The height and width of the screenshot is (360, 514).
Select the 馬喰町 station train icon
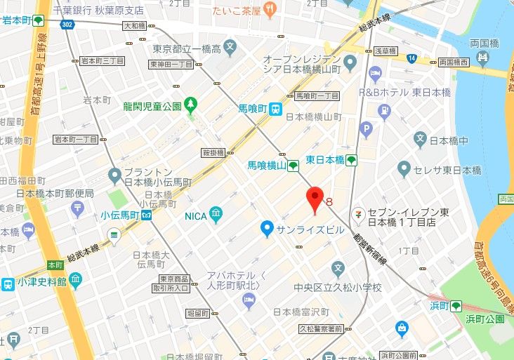point(277,109)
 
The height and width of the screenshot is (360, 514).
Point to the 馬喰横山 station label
point(267,166)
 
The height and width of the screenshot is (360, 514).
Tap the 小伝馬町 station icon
point(146,215)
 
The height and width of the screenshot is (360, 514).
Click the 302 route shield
point(67,23)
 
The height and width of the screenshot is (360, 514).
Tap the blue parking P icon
point(365,128)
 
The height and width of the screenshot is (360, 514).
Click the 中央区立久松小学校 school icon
point(338,268)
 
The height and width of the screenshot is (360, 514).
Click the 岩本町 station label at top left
point(17,20)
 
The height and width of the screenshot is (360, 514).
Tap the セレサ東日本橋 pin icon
point(404,168)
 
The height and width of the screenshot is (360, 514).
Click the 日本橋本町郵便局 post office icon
point(77,207)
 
